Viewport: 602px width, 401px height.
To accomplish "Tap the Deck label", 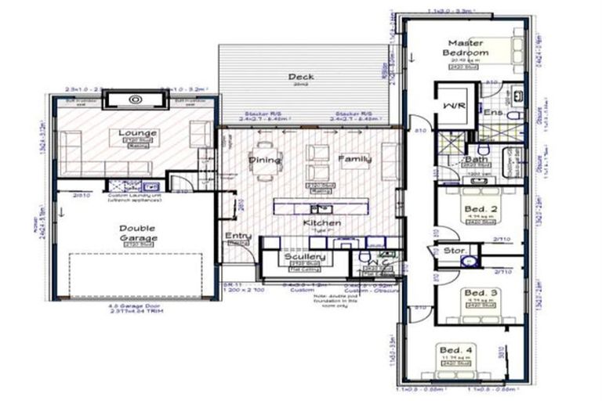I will [301, 77].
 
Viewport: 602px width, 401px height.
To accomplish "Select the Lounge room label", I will [137, 133].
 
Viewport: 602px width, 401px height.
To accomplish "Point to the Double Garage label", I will [137, 233].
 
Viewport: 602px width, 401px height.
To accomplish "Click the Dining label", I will [264, 160].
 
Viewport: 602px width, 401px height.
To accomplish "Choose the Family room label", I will [354, 159].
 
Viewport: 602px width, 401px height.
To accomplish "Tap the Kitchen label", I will [321, 224].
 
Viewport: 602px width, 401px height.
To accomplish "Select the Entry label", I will [238, 236].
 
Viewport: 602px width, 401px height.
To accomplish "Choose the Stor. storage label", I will [454, 252].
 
